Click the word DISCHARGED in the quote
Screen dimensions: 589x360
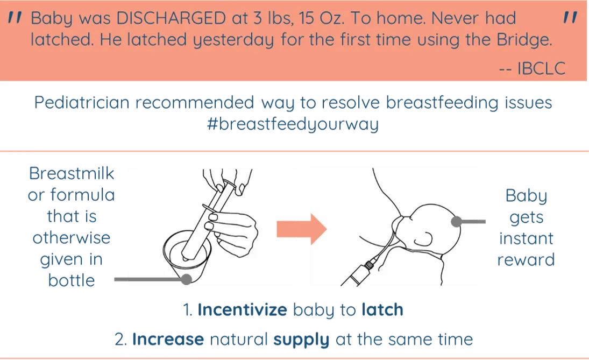(x=171, y=18)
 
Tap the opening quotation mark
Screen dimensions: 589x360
(x=15, y=17)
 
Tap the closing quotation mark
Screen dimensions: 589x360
(x=570, y=17)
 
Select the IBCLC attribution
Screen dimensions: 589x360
(x=533, y=68)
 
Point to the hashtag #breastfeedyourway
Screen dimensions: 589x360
(x=293, y=124)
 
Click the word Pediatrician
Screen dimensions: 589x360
(x=82, y=102)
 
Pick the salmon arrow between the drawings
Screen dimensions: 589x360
(x=301, y=229)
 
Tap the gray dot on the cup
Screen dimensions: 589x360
(x=186, y=279)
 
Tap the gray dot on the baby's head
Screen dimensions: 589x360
(x=456, y=221)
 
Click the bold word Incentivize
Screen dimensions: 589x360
(x=242, y=309)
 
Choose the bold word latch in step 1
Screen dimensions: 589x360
(x=382, y=309)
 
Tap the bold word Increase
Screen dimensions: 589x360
(x=168, y=339)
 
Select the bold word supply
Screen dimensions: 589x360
(x=301, y=340)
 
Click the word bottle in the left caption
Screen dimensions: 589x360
(x=72, y=280)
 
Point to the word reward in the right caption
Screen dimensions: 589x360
(x=526, y=260)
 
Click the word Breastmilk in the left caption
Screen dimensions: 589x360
(x=72, y=173)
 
